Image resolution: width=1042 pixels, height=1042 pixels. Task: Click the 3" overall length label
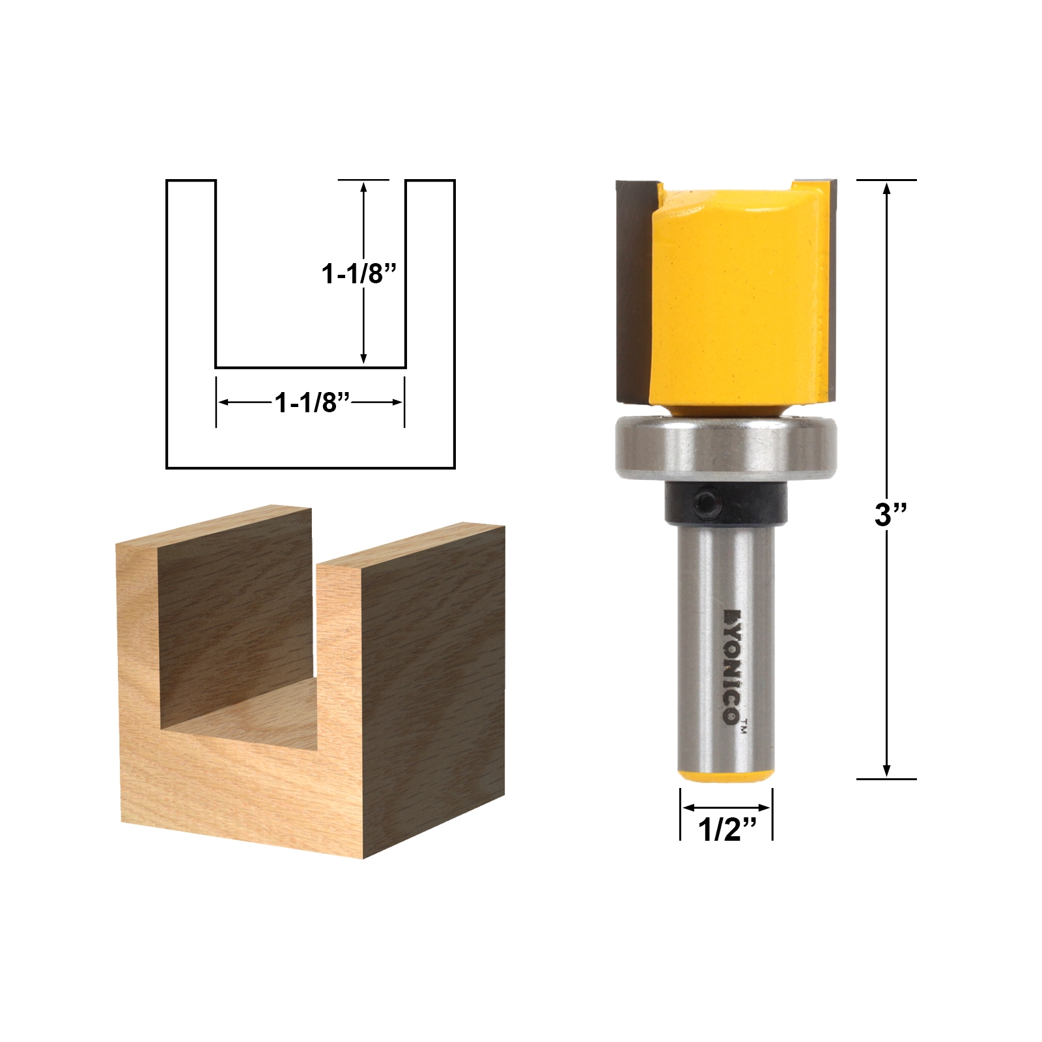890,514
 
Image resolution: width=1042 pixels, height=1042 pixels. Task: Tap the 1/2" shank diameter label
727,830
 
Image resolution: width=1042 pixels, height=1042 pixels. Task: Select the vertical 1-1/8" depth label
359,274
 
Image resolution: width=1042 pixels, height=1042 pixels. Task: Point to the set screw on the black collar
709,503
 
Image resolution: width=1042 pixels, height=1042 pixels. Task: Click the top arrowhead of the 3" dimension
886,188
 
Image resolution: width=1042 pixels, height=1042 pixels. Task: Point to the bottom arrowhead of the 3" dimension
886,770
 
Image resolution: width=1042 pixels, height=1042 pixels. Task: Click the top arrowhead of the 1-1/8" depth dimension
363,188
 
